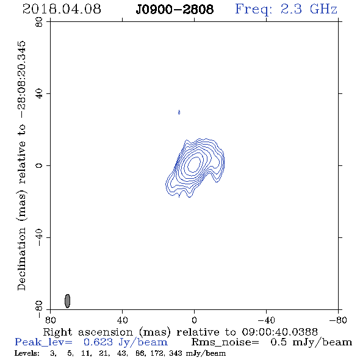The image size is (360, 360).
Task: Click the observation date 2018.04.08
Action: click(x=62, y=9)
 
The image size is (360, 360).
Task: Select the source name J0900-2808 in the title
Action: click(x=175, y=10)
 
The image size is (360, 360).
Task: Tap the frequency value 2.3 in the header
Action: click(x=291, y=9)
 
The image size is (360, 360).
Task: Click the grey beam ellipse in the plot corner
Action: click(x=67, y=301)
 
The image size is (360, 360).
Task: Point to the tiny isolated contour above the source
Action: click(x=179, y=112)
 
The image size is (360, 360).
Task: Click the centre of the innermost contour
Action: click(x=195, y=164)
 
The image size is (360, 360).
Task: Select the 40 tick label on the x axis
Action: click(x=122, y=320)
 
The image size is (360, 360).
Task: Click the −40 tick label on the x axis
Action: click(x=266, y=320)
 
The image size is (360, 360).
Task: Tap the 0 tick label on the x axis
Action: click(x=194, y=320)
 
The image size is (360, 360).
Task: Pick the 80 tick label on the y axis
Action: click(x=39, y=22)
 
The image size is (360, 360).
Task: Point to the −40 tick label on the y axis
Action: click(x=39, y=237)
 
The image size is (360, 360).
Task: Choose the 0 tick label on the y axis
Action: click(x=39, y=165)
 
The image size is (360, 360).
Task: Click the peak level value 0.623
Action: click(x=98, y=342)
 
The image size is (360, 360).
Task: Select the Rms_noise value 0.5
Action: click(x=278, y=342)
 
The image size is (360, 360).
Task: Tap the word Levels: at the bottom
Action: click(x=27, y=353)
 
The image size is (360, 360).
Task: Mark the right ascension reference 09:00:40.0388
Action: click(x=279, y=332)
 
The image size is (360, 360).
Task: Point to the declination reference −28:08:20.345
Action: click(x=22, y=79)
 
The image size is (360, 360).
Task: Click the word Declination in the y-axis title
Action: click(x=21, y=259)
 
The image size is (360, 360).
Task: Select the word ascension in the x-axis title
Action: click(x=106, y=333)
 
